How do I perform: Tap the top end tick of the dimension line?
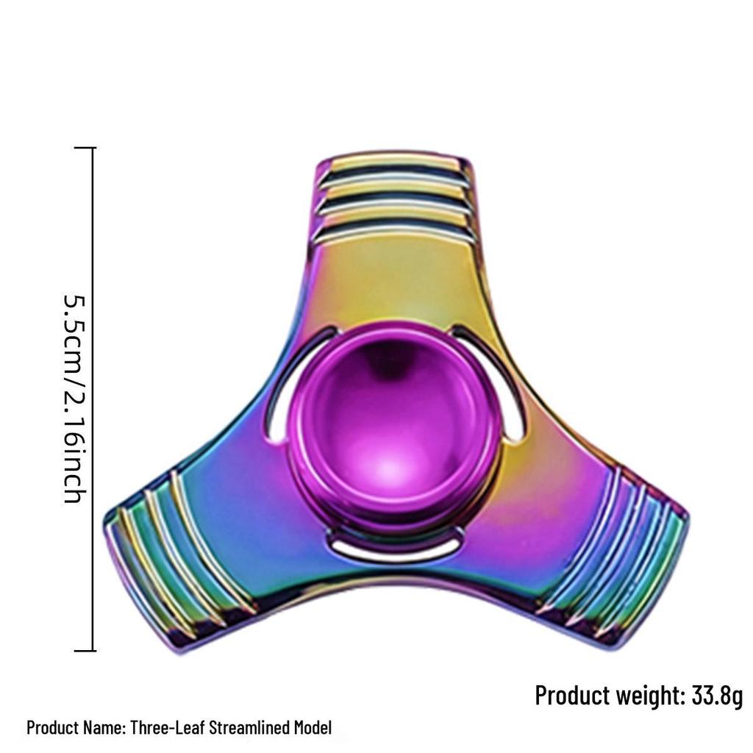[85, 148]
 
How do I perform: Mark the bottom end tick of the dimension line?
[85, 651]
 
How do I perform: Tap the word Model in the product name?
[313, 728]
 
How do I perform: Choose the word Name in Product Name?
[104, 728]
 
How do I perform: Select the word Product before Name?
[54, 728]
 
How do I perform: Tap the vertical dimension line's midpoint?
[93, 399]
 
